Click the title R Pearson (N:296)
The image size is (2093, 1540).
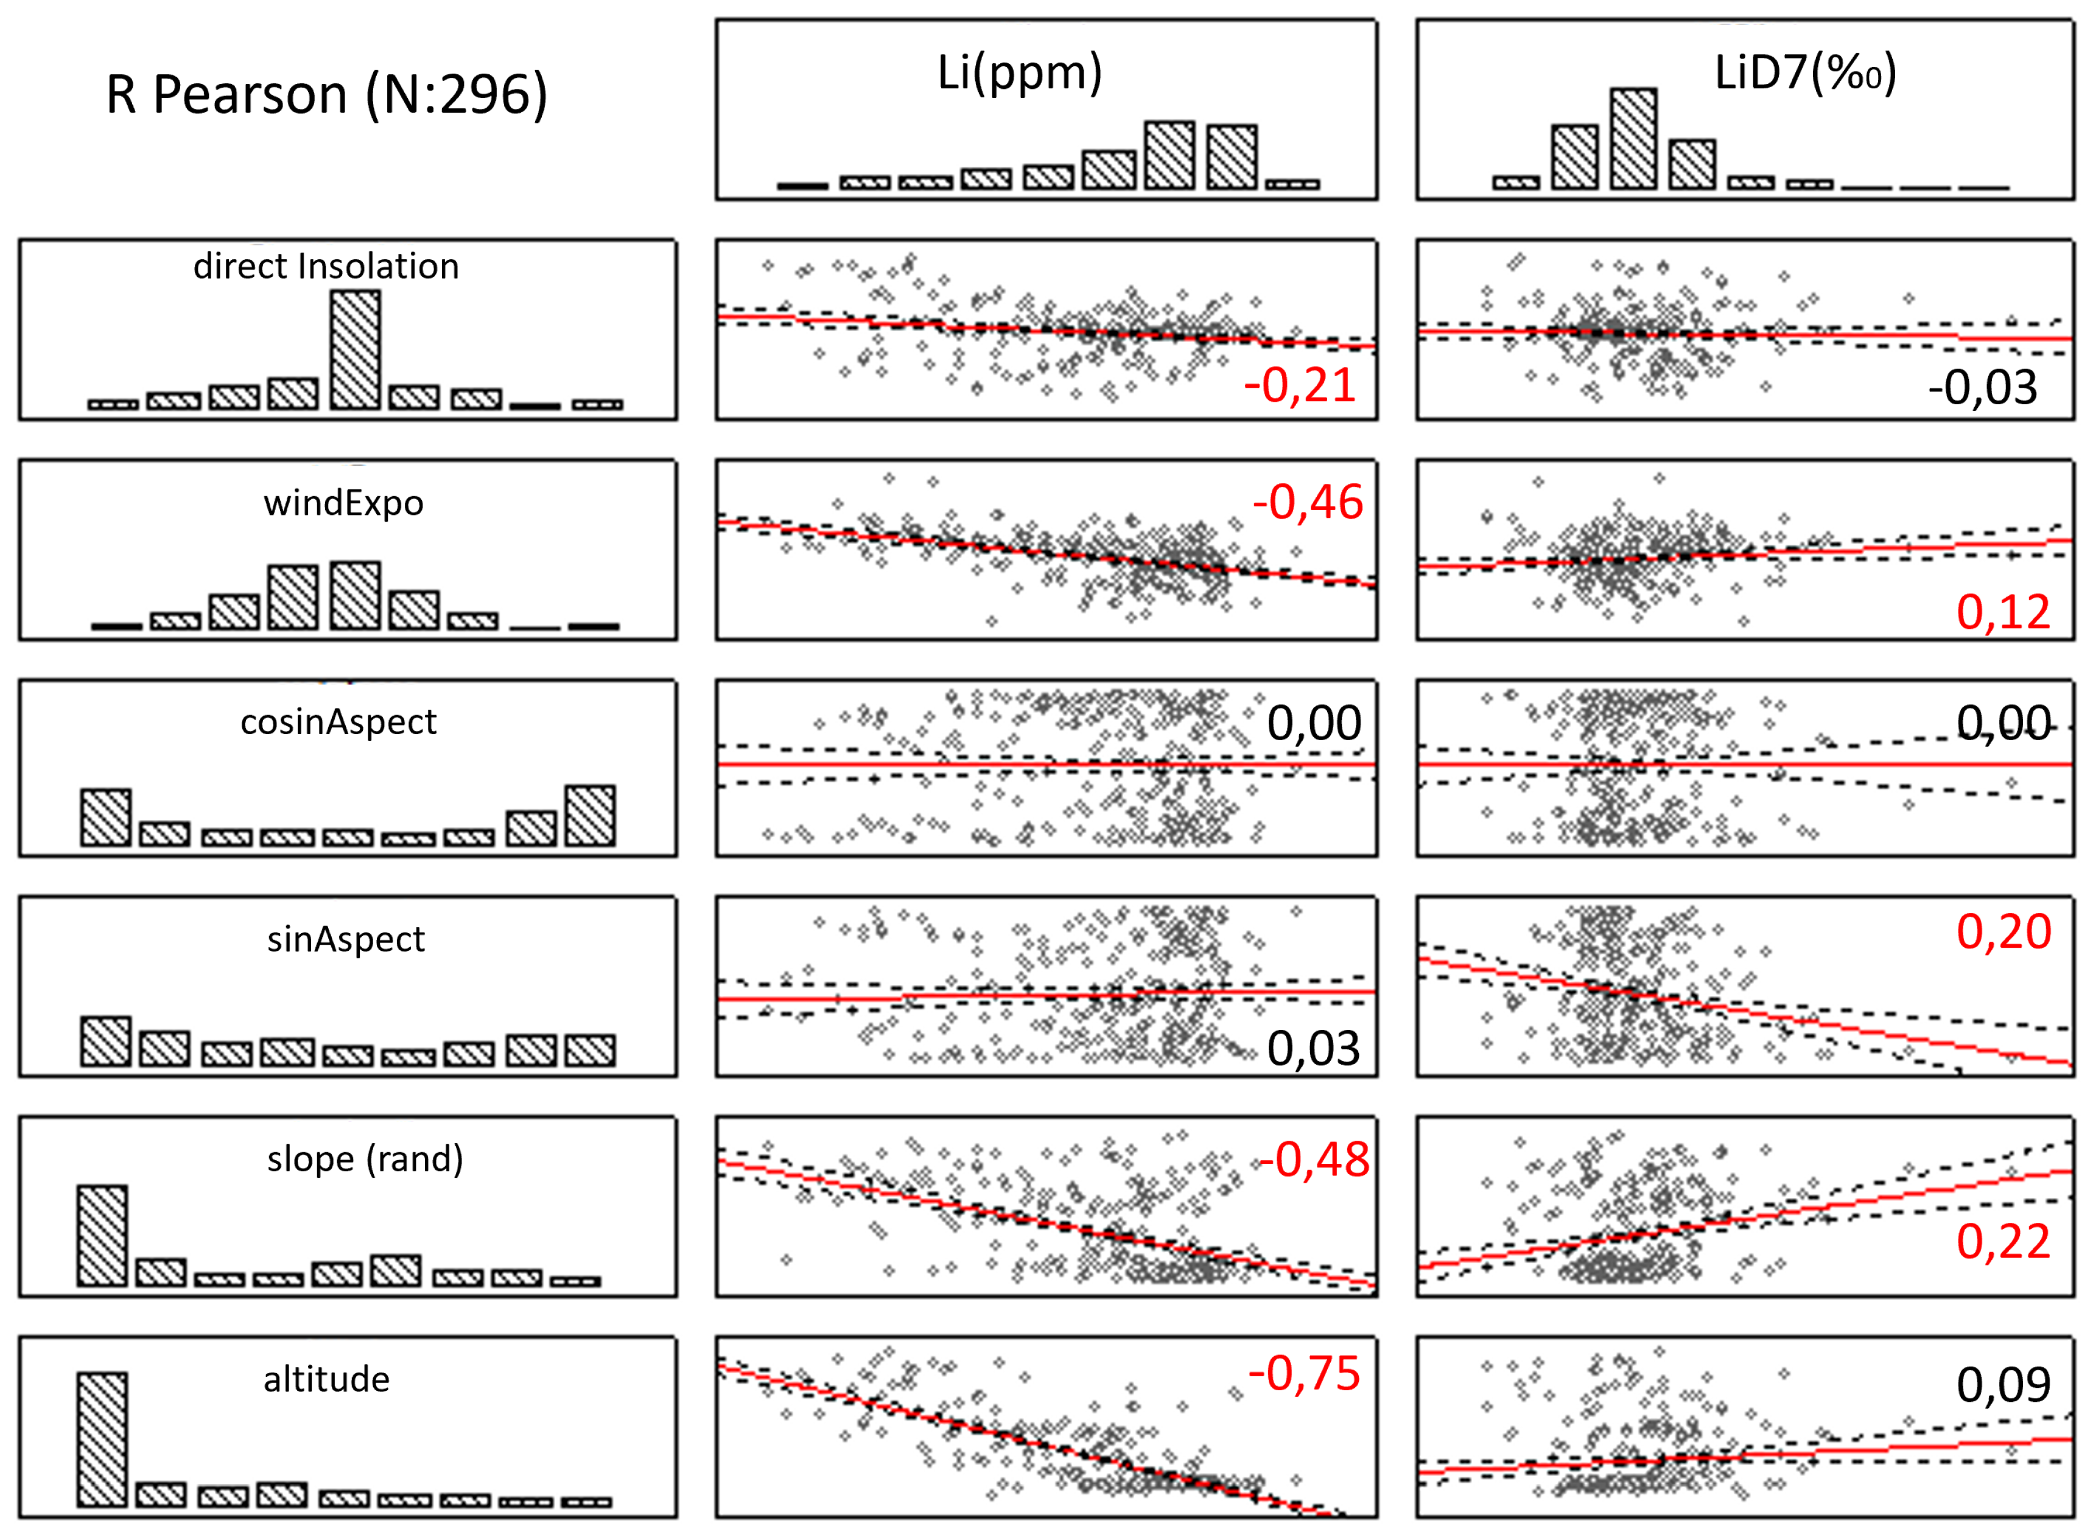coord(326,95)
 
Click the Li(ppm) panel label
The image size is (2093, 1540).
coord(1020,72)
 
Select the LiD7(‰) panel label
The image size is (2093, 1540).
coord(1805,72)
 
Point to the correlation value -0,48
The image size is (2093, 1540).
coord(1313,1160)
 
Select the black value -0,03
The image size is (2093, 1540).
coord(1982,388)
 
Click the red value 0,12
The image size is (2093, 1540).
coord(2002,612)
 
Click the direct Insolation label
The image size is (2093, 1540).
coord(326,267)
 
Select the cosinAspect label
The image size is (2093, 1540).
coord(338,721)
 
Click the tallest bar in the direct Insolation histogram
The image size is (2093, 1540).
coord(355,349)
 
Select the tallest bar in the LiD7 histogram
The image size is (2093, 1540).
coord(1633,139)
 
